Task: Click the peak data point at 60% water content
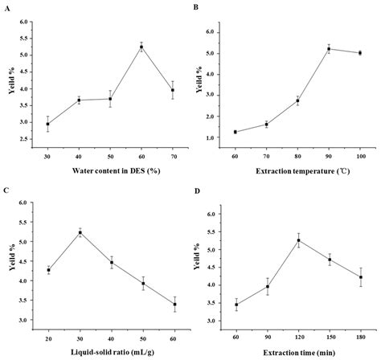(x=141, y=47)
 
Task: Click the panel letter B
(x=195, y=6)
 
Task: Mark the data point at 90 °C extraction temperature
(x=329, y=49)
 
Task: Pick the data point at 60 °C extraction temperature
(x=235, y=132)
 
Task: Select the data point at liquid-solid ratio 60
(x=174, y=305)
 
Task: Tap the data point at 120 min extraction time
(x=299, y=240)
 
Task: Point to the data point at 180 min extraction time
(x=361, y=277)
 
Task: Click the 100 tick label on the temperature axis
(x=360, y=157)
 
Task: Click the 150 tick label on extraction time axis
(x=330, y=338)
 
